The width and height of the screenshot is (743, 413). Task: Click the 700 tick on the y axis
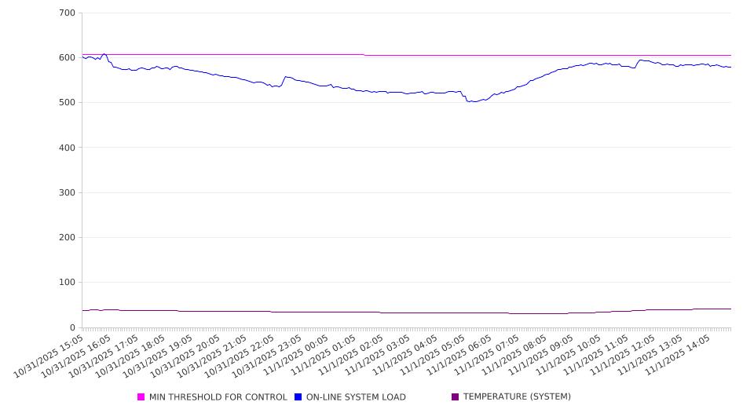(67, 13)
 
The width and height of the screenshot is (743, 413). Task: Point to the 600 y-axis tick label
(67, 58)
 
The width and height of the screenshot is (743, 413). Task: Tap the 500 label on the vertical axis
(67, 103)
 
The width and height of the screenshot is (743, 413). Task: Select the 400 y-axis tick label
(67, 148)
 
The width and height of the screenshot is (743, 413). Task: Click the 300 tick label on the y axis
(67, 192)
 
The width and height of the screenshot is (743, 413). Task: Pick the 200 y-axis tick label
(67, 238)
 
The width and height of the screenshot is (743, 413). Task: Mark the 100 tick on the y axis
(67, 283)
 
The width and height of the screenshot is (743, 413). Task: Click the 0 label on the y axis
(72, 327)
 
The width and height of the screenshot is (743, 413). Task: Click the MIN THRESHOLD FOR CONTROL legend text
(218, 397)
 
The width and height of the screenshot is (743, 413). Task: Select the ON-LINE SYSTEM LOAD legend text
(355, 397)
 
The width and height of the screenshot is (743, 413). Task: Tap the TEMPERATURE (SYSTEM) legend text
(516, 397)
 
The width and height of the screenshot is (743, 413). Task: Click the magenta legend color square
(141, 397)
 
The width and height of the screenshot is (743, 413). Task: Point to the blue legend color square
(298, 397)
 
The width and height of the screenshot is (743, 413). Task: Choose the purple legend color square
(455, 397)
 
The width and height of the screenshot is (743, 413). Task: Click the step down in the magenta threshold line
(364, 55)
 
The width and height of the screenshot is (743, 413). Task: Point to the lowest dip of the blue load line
(470, 102)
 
